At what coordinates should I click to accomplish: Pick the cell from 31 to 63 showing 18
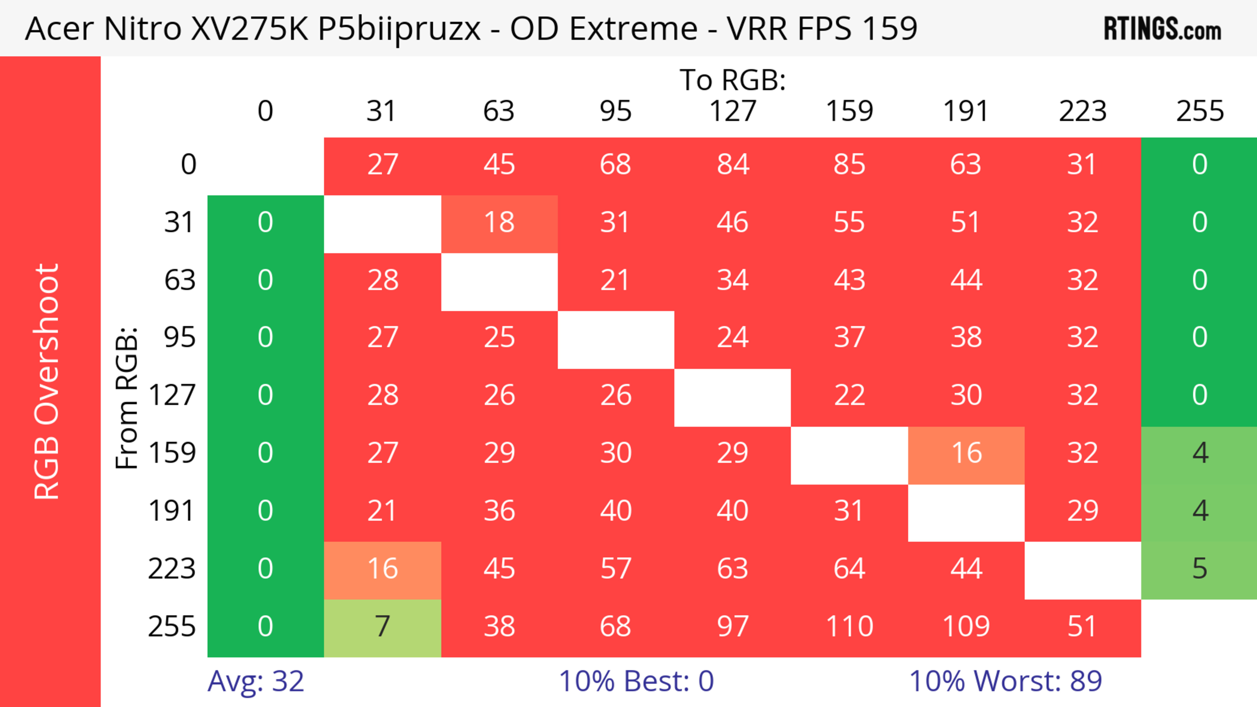[x=499, y=223]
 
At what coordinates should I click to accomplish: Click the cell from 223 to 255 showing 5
[x=1199, y=569]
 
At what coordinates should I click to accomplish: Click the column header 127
[x=733, y=111]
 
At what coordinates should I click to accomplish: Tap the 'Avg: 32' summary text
[x=256, y=681]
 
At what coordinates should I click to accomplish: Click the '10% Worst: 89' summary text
[x=1005, y=681]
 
